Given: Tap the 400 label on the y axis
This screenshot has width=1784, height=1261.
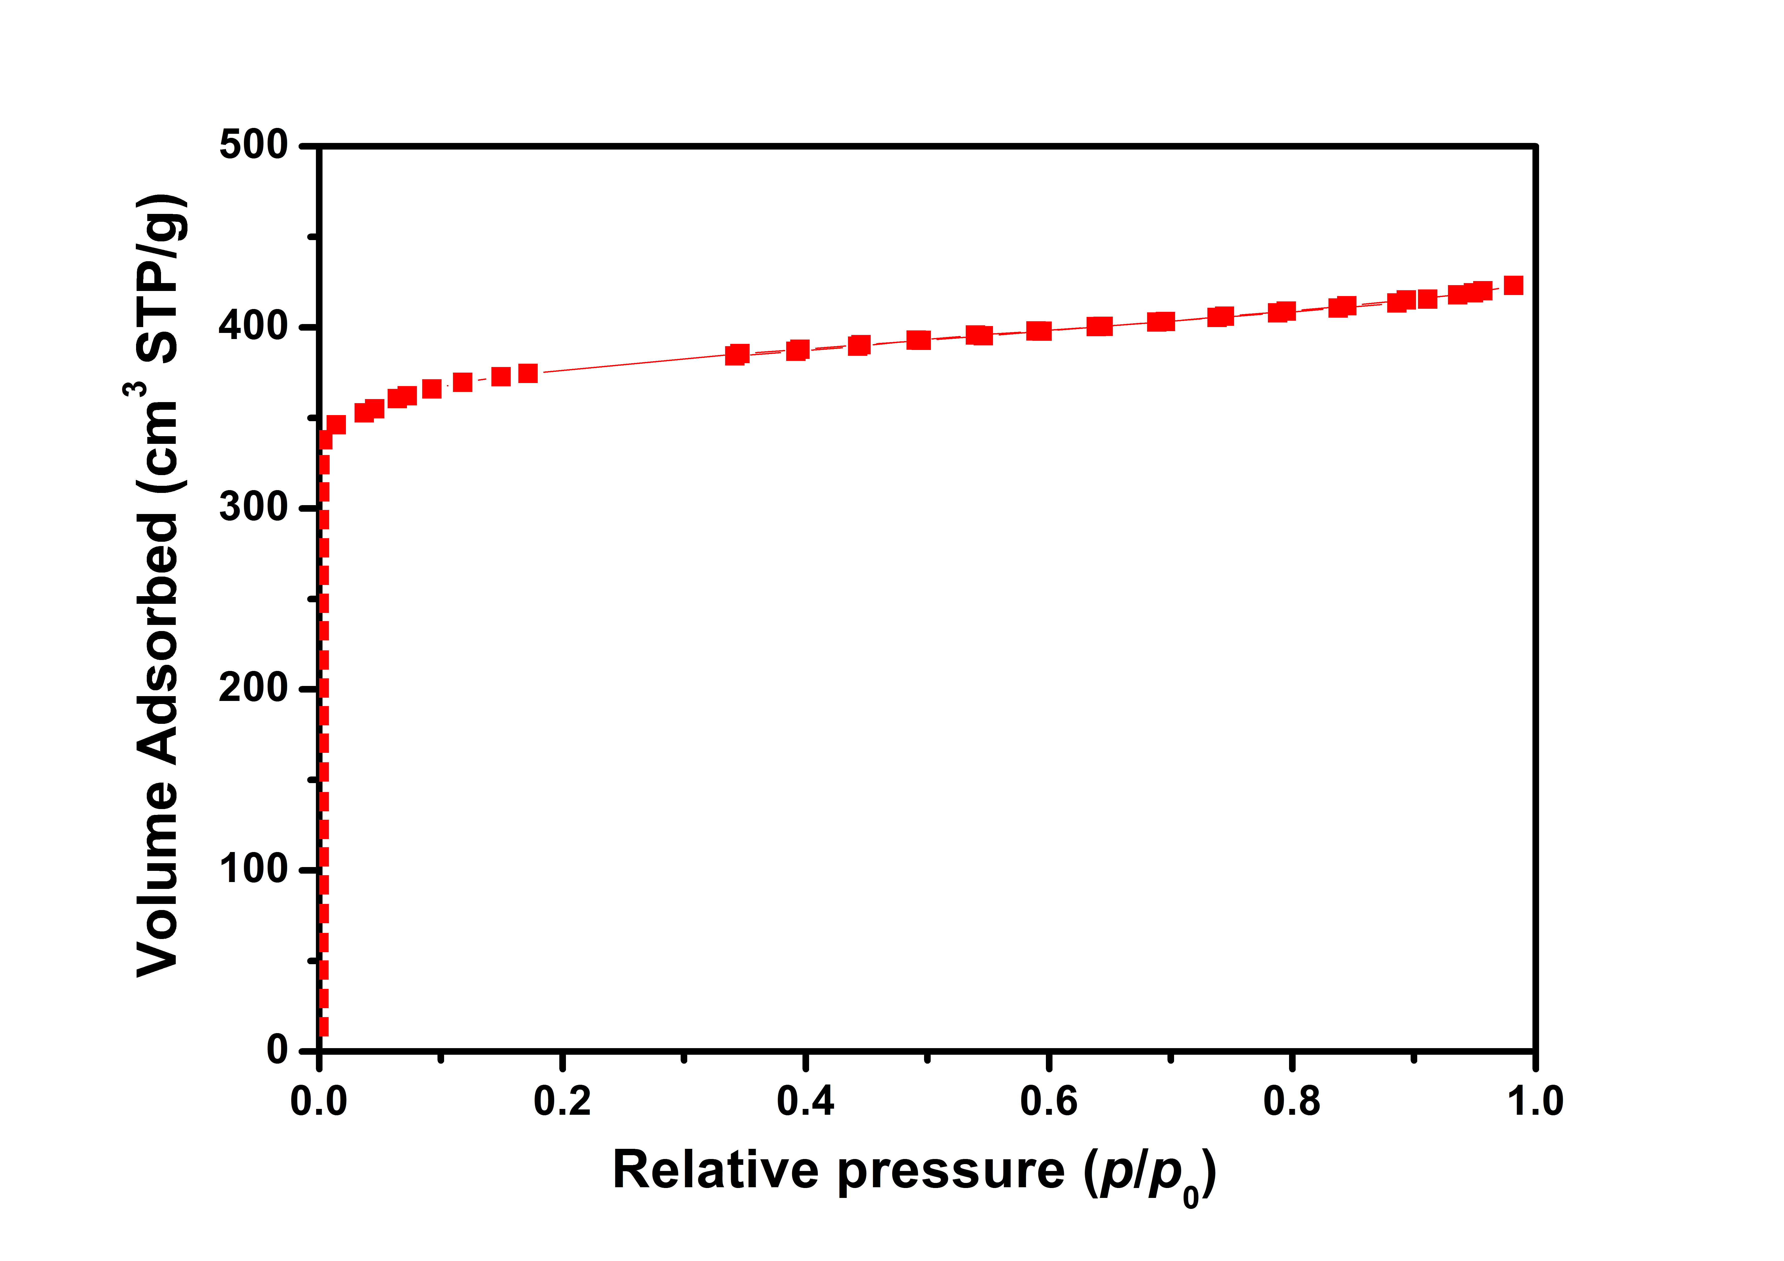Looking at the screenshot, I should point(253,326).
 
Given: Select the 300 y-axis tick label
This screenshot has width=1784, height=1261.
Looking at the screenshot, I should point(253,507).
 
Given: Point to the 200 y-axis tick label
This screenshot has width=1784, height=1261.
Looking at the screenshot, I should point(253,688).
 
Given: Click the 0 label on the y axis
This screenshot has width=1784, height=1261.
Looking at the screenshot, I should point(277,1050).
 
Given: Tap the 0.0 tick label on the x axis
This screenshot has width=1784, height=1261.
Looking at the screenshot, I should point(318,1102).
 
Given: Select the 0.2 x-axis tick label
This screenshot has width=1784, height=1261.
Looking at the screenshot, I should point(562,1102).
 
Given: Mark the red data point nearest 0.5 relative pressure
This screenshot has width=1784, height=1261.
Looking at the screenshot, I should point(918,340).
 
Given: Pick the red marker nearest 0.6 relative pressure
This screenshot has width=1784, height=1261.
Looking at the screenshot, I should point(1039,331).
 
